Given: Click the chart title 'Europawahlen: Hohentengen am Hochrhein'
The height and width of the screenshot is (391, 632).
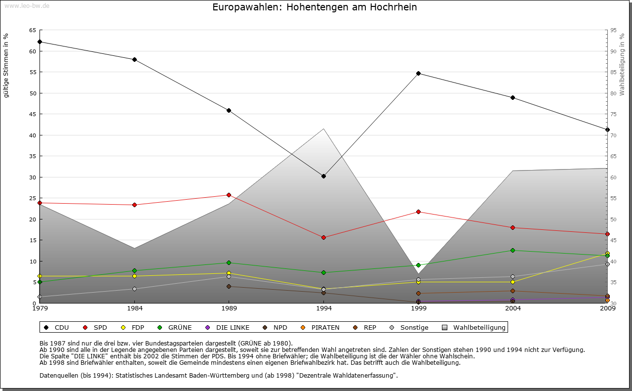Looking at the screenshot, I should click(x=315, y=7).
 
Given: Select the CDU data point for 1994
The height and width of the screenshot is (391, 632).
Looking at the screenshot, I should click(x=323, y=176).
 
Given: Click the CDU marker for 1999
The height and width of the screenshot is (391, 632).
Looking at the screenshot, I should click(x=418, y=73).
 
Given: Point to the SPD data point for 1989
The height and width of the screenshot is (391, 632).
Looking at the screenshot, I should click(x=229, y=195).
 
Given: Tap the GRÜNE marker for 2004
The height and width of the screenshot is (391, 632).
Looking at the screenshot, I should click(x=513, y=250).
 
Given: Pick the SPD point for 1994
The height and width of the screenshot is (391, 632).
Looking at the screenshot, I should click(x=323, y=237).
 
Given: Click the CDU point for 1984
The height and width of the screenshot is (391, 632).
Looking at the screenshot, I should click(x=134, y=59).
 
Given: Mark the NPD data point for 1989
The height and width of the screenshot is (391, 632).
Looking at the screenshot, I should click(x=229, y=286).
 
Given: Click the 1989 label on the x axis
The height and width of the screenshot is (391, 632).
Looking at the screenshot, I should click(x=229, y=308).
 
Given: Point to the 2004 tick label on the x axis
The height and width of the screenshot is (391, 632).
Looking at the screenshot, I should click(x=513, y=308).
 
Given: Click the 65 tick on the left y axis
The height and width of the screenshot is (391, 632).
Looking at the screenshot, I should click(x=32, y=30).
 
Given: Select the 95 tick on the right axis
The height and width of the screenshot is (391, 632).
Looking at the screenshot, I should click(x=614, y=30).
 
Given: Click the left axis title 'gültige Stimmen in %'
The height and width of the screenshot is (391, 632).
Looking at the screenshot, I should click(x=6, y=66).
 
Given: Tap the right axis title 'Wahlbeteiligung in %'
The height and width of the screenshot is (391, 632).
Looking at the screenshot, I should click(x=622, y=64).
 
